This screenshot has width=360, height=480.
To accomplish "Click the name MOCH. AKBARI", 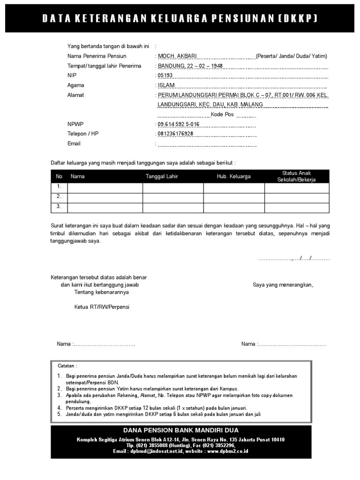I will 177,56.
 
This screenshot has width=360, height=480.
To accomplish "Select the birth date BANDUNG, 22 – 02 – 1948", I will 190,66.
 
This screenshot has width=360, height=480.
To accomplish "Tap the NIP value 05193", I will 165,75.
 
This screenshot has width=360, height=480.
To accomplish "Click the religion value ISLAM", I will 166,85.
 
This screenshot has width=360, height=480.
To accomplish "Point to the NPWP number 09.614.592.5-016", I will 178,124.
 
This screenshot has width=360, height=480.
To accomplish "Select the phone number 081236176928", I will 175,134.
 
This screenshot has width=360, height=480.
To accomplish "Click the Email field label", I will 74,143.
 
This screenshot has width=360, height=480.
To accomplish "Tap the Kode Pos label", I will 222,115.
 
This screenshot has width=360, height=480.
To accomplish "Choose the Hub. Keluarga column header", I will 233,177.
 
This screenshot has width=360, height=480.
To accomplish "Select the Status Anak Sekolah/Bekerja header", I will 296,177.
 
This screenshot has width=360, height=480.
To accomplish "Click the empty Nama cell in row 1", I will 105,187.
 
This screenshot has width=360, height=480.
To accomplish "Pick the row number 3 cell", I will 59,207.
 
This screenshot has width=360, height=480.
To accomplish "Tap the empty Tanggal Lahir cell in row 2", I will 172,197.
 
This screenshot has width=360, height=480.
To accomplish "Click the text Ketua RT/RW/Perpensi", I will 102,307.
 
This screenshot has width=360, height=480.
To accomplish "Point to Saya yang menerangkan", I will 283,285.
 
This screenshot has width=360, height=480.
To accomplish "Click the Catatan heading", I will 67,366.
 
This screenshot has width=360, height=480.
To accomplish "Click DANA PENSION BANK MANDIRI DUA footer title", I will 181,430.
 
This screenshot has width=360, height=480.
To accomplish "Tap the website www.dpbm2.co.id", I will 227,451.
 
